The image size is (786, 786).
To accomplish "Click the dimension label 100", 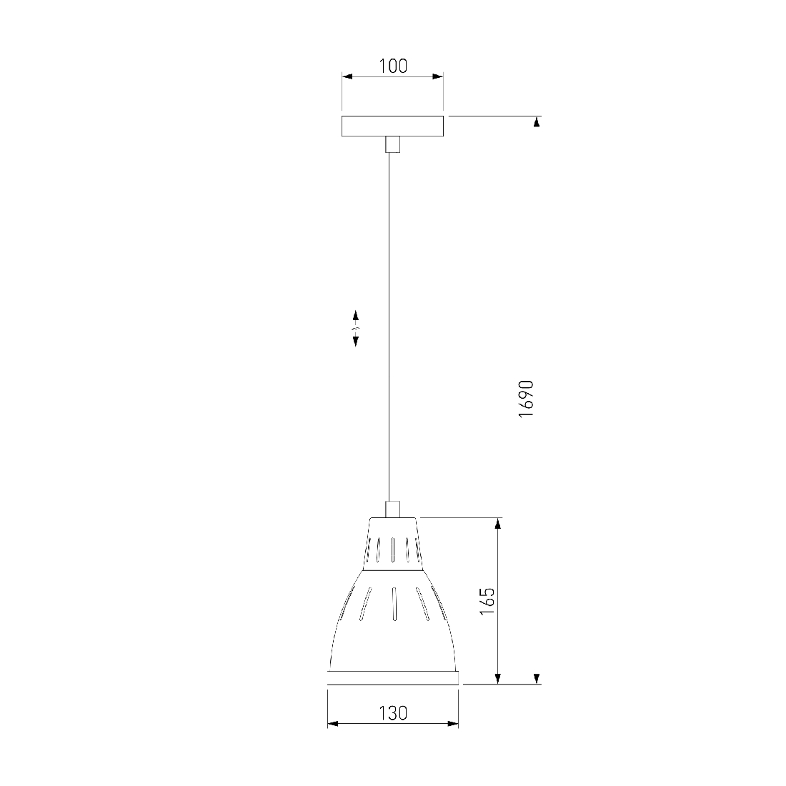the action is click(x=393, y=66).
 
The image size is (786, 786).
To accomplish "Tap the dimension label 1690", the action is click(x=527, y=399).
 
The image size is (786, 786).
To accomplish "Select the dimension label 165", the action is click(x=487, y=601).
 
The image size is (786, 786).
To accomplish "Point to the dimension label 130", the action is click(x=393, y=713).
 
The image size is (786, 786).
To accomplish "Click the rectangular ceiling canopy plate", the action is click(x=392, y=126).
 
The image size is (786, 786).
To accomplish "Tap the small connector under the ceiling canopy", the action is click(x=392, y=144).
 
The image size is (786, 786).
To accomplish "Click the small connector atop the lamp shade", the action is click(x=392, y=509).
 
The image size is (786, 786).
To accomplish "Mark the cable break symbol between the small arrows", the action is click(x=356, y=329).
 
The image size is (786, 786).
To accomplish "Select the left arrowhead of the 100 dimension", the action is click(x=347, y=76).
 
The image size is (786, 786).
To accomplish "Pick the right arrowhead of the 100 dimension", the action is click(x=438, y=76).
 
